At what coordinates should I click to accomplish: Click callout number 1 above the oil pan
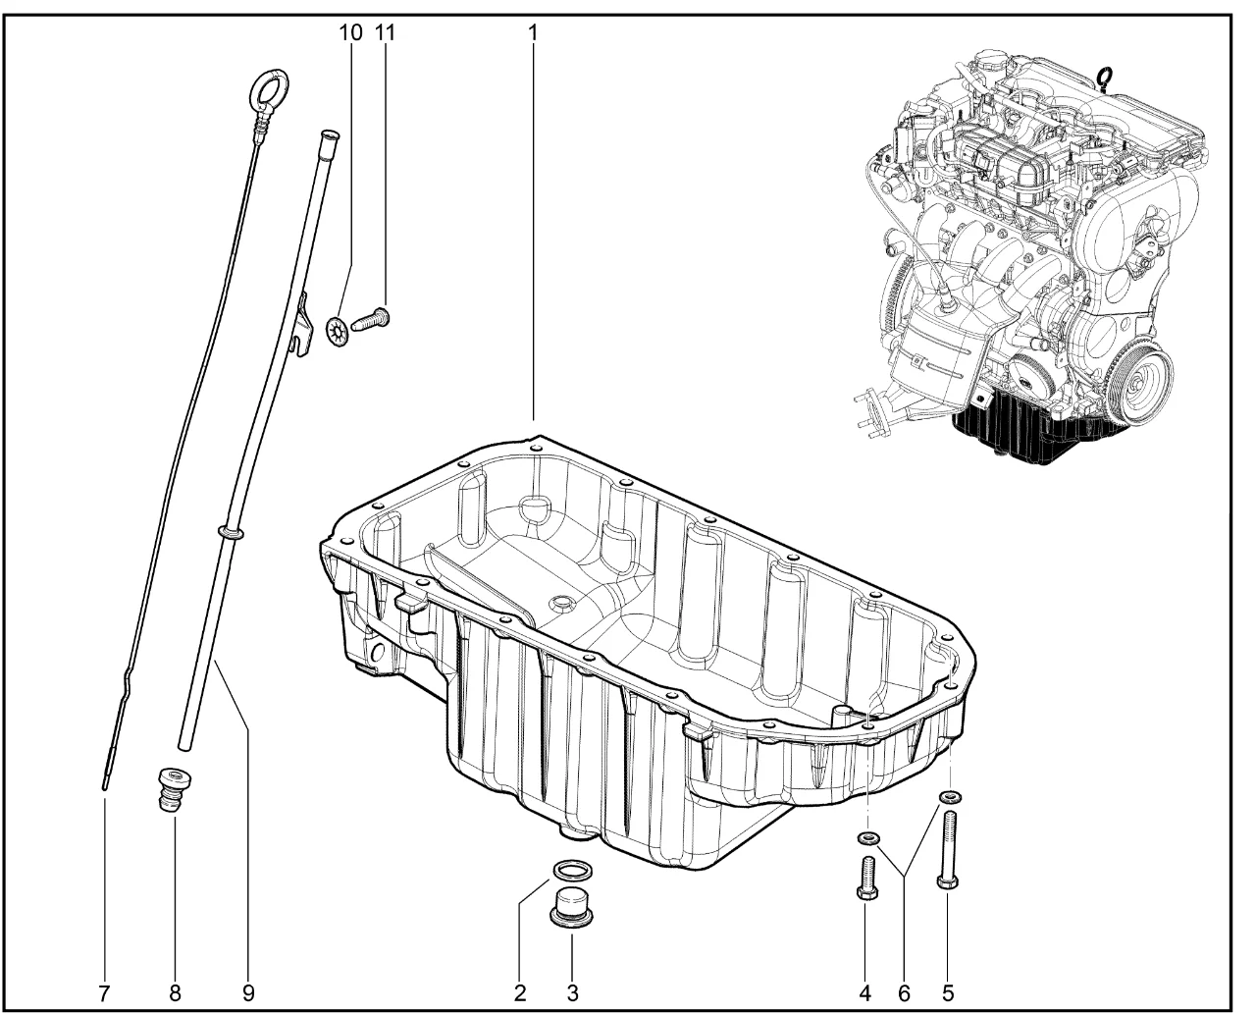[533, 33]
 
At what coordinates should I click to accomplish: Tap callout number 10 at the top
[350, 33]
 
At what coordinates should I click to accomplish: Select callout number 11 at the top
[385, 33]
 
